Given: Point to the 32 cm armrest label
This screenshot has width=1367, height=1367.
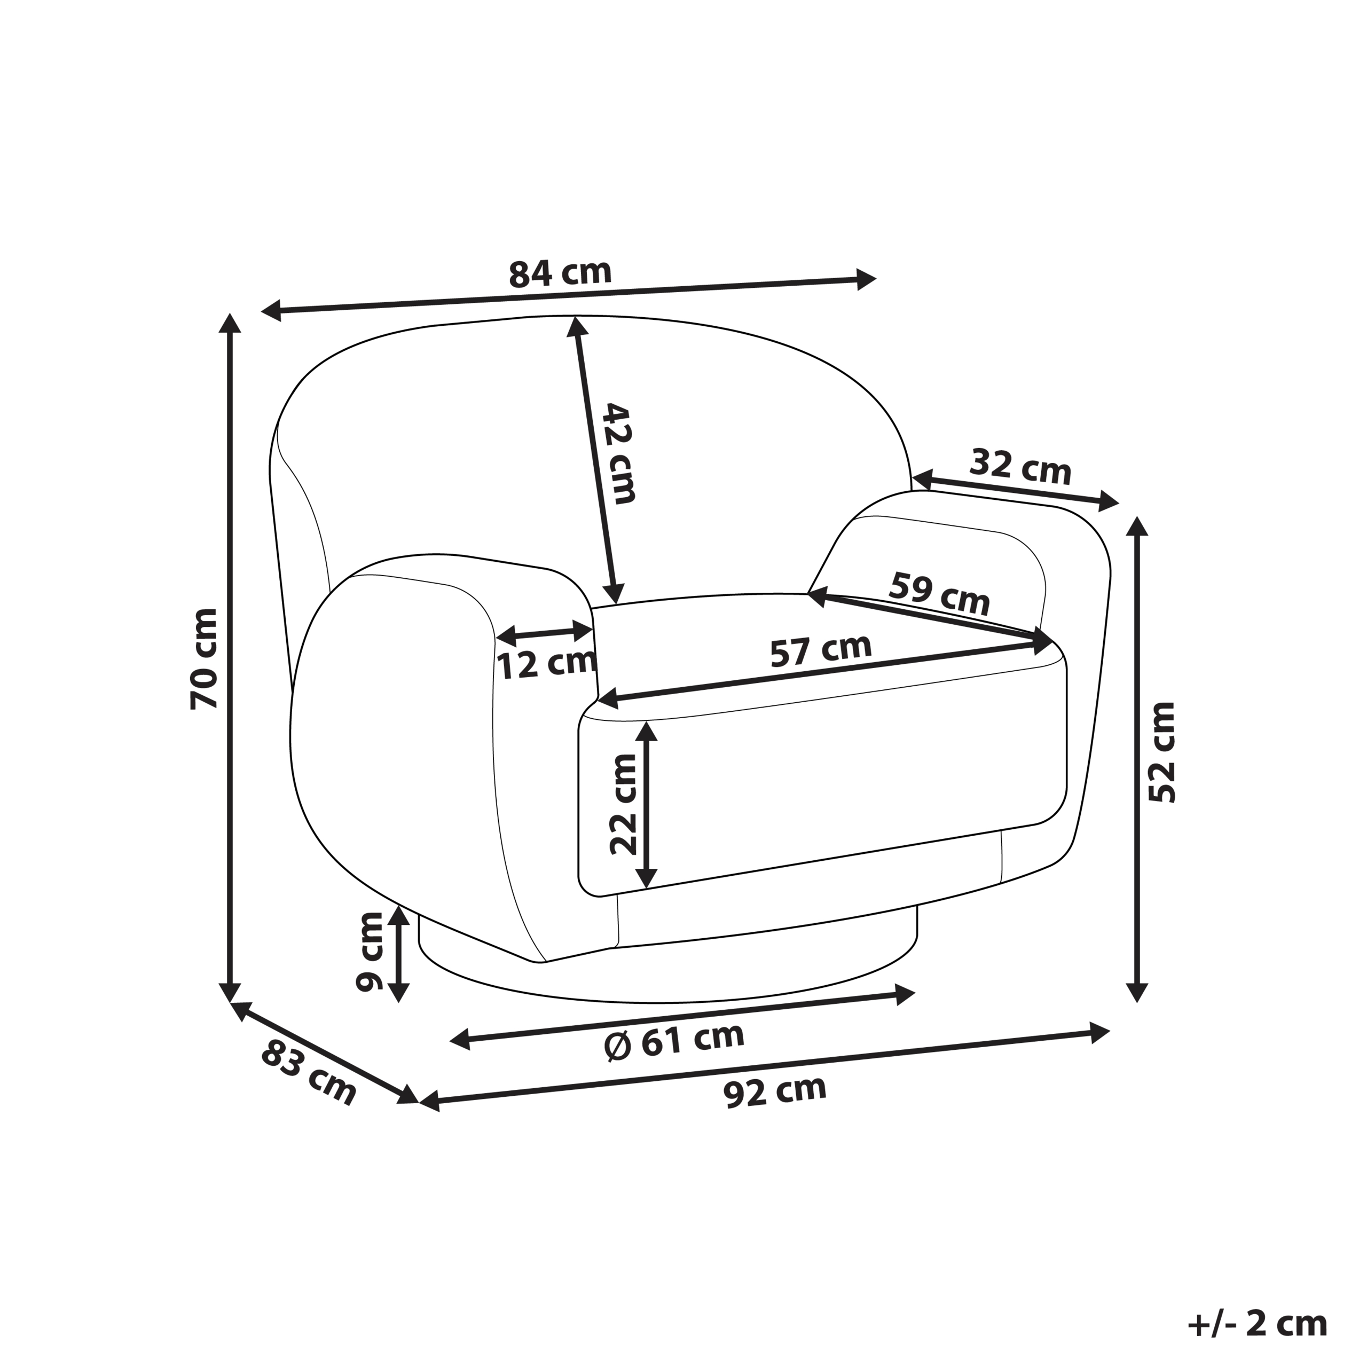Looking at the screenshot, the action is coord(1020,466).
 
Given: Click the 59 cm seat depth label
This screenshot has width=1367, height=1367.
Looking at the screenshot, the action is coord(939,594).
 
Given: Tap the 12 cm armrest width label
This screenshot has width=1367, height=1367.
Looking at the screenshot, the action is coord(547,664).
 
